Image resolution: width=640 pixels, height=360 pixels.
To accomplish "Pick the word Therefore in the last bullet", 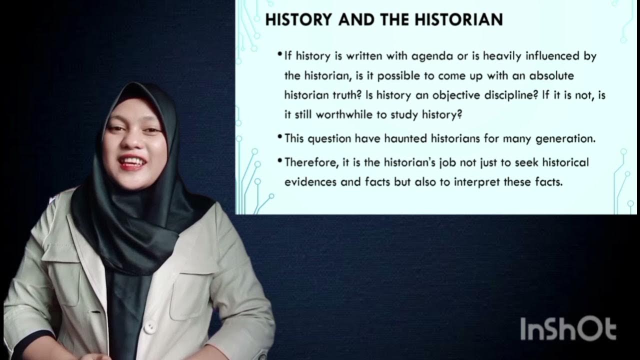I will pyautogui.click(x=305, y=162).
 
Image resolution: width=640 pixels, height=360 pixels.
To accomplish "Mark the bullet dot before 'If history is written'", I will pyautogui.click(x=279, y=53).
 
